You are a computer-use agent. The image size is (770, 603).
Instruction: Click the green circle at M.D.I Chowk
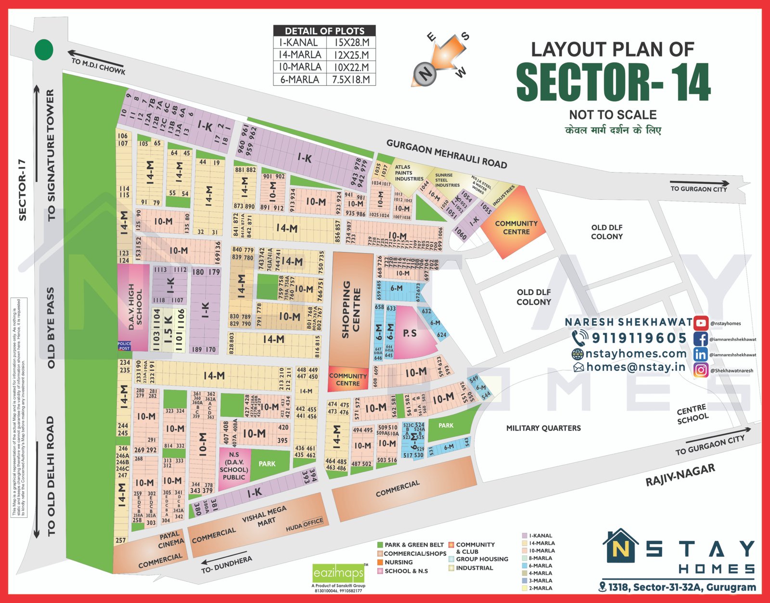coord(44,50)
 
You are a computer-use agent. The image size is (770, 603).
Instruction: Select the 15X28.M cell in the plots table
coord(351,43)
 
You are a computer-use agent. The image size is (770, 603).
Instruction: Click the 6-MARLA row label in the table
coord(299,79)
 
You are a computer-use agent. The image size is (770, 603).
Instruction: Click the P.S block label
coord(410,333)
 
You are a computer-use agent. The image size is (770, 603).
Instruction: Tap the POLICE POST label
coord(124,346)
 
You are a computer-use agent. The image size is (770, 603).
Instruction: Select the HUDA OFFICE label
coord(304,525)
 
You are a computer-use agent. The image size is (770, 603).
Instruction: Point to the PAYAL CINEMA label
coord(171,539)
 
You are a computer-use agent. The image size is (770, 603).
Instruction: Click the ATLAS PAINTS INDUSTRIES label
coord(409,173)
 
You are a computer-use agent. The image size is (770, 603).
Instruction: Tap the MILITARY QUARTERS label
coord(543,428)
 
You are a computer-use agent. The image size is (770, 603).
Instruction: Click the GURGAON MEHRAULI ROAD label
coord(446,154)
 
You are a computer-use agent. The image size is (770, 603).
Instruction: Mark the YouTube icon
coord(701,324)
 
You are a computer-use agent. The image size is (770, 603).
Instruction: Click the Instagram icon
coord(701,370)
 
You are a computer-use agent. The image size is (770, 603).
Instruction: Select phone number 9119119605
coord(639,338)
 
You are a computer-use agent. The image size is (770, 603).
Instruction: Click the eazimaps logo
coord(338,573)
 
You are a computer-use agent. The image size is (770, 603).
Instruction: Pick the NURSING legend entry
coord(398,562)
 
